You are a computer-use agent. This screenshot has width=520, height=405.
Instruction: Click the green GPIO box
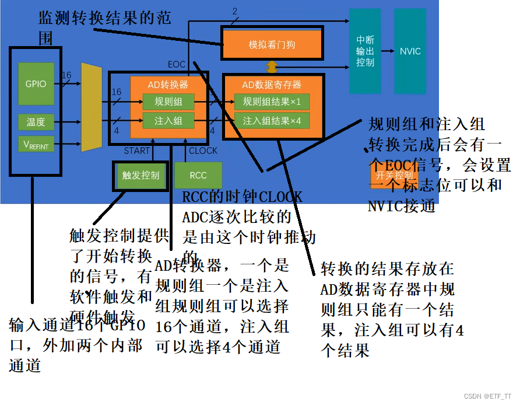pyautogui.click(x=36, y=84)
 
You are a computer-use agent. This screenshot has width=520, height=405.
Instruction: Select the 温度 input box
pyautogui.click(x=36, y=123)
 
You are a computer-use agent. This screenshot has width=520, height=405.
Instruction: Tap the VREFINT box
pyautogui.click(x=36, y=144)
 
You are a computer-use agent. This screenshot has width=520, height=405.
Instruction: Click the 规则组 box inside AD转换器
pyautogui.click(x=168, y=102)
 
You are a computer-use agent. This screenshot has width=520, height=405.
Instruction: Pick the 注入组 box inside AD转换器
pyautogui.click(x=168, y=121)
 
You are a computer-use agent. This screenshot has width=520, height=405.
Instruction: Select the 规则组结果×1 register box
pyautogui.click(x=272, y=102)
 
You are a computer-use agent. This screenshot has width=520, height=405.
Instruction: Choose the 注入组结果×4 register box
pyautogui.click(x=272, y=121)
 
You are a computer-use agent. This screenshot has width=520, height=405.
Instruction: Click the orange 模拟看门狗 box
pyautogui.click(x=272, y=44)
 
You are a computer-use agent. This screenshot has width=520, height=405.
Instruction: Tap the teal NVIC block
pyautogui.click(x=410, y=51)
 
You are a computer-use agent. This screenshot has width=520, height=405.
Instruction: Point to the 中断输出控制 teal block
pyautogui.click(x=365, y=51)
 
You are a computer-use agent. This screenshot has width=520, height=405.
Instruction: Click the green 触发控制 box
pyautogui.click(x=140, y=175)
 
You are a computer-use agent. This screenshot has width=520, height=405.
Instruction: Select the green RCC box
pyautogui.click(x=198, y=175)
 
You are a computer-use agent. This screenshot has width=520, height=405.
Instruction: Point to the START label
pyautogui.click(x=137, y=151)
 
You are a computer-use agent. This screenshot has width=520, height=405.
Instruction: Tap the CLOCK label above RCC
pyautogui.click(x=203, y=151)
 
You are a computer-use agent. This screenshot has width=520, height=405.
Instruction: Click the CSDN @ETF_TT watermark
pyautogui.click(x=487, y=396)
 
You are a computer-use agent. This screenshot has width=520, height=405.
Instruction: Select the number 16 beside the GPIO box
pyautogui.click(x=66, y=75)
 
